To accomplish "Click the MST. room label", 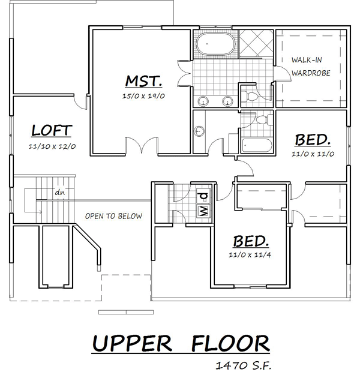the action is tap(143, 81).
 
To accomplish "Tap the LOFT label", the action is tap(52, 131).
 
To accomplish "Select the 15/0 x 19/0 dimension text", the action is tap(143, 96).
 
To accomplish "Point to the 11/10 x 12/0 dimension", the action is tap(52, 146).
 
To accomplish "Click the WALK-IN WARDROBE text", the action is tap(311, 67).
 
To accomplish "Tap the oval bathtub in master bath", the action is tap(215, 44).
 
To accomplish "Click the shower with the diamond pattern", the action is tap(256, 44).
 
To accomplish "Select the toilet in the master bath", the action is tap(250, 96).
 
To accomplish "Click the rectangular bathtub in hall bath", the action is tap(257, 145).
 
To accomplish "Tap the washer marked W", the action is tap(203, 211).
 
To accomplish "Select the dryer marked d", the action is tap(203, 196).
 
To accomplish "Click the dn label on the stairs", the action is tap(60, 193).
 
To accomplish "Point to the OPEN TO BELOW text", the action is tap(113, 216).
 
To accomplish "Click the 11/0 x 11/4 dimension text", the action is tap(250, 255).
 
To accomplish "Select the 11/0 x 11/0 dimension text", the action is tap(313, 154).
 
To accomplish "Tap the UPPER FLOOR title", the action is tap(181, 343).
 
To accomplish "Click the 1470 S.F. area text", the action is tap(244, 366).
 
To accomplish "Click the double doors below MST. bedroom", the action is tap(142, 145).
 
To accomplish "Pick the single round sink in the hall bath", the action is tap(199, 131).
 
